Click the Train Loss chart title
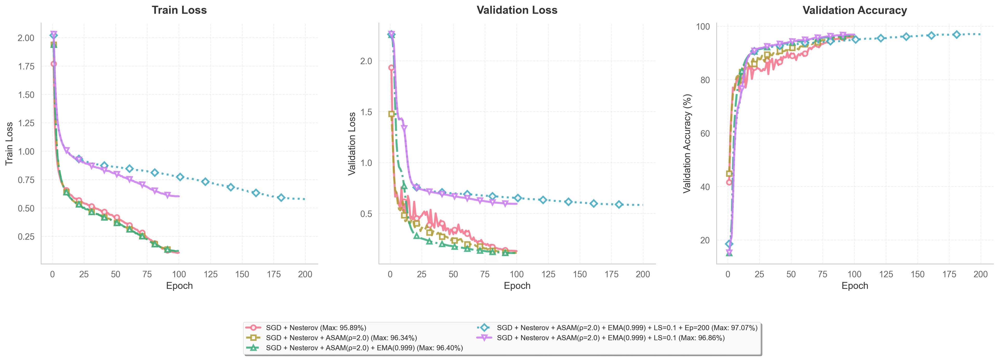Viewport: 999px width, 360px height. point(179,10)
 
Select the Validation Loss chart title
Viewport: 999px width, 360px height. point(517,10)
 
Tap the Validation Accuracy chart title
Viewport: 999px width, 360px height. point(854,10)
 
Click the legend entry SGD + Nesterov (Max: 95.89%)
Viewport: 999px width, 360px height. point(316,328)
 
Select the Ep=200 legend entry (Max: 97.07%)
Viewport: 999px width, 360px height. point(627,328)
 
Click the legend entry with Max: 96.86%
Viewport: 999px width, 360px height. point(610,338)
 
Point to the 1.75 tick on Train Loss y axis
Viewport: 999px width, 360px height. point(26,66)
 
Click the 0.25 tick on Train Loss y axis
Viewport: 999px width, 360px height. point(26,237)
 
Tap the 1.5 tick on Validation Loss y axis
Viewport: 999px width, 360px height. point(366,112)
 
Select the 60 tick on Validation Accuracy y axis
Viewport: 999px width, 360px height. point(705,133)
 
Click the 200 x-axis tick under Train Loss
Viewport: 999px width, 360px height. point(305,274)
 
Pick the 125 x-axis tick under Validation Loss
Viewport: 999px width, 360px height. point(548,274)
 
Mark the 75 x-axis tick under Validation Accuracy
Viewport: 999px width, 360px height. point(823,274)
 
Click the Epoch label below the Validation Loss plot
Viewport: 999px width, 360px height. point(517,286)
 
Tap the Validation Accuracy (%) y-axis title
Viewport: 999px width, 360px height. point(687,144)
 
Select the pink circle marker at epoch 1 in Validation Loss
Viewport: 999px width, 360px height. point(391,68)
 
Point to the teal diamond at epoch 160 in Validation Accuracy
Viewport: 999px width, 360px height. point(931,35)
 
